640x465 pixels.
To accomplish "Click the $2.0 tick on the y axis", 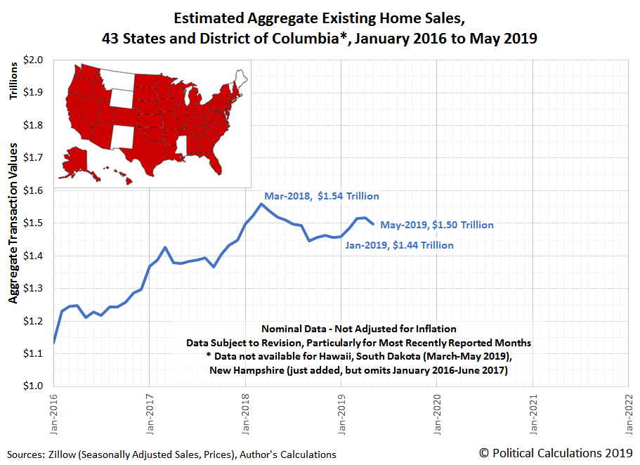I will coord(34,60).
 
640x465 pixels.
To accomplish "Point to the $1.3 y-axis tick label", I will coord(34,288).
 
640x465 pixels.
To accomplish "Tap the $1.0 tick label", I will coord(34,386).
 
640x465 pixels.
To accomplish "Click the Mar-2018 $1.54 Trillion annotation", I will coord(321,197).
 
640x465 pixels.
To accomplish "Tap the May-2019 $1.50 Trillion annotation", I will coord(436,225).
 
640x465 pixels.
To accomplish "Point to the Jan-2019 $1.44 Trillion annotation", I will coord(399,245).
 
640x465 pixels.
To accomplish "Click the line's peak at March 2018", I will coord(261,204).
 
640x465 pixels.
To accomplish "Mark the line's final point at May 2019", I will coord(373,223).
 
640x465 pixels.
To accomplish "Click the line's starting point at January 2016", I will coord(53,343).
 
